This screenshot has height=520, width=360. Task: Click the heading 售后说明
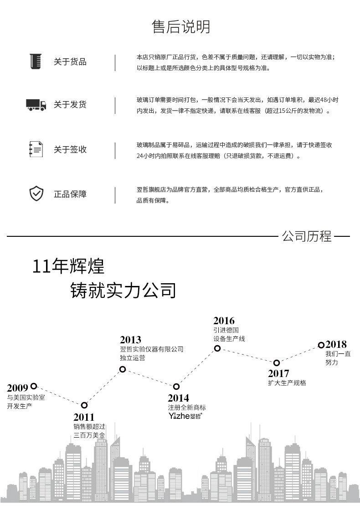tap(181, 27)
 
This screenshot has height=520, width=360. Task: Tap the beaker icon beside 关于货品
tap(35, 61)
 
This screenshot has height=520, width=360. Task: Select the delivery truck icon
tap(36, 104)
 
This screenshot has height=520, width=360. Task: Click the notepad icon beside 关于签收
tap(36, 149)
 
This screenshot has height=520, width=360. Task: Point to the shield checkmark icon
tap(36, 194)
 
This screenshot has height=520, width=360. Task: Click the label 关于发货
tap(70, 105)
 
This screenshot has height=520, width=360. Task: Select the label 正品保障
tap(70, 194)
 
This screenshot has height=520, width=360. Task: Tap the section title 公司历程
tap(307, 236)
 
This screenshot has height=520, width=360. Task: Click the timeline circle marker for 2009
tap(34, 386)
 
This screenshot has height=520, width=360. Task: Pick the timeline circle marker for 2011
tap(84, 405)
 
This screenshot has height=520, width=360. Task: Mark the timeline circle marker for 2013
tap(123, 369)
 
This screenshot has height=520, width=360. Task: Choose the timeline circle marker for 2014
tap(176, 386)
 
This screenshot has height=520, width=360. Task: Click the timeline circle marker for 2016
tap(217, 348)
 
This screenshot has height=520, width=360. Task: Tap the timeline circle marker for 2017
tap(277, 363)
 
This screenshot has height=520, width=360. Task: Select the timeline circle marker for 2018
tap(321, 345)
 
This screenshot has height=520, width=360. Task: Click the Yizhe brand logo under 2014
tap(185, 416)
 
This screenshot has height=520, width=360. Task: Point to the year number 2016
tap(224, 321)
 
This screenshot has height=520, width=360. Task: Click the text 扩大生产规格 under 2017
tap(287, 383)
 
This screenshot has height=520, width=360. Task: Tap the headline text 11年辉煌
tap(68, 266)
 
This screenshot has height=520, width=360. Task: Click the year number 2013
tap(130, 340)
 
